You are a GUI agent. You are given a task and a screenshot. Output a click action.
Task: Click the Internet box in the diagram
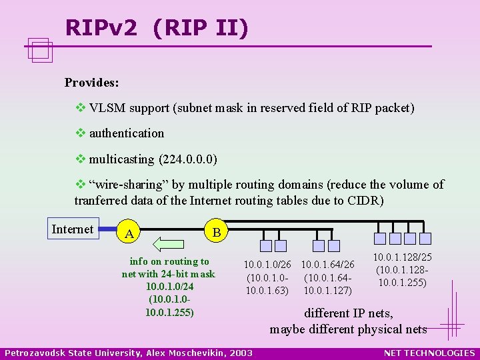coord(73,229)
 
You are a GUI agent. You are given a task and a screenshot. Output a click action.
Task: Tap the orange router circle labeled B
coord(215,232)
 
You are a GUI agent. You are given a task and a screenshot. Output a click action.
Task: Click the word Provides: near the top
coord(92,83)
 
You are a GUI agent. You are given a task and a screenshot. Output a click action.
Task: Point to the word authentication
coord(127,133)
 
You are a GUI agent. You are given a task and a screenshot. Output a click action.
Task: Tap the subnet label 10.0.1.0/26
coord(267,265)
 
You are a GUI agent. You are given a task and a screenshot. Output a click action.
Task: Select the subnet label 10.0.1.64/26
coord(327,265)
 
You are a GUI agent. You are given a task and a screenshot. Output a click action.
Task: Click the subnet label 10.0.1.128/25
coord(402,257)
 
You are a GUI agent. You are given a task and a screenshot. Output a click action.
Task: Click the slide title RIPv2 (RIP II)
coord(157,27)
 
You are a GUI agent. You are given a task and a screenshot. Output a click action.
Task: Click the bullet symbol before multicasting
coord(80,160)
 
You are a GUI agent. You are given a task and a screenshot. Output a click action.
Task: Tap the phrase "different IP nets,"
coord(349,313)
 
